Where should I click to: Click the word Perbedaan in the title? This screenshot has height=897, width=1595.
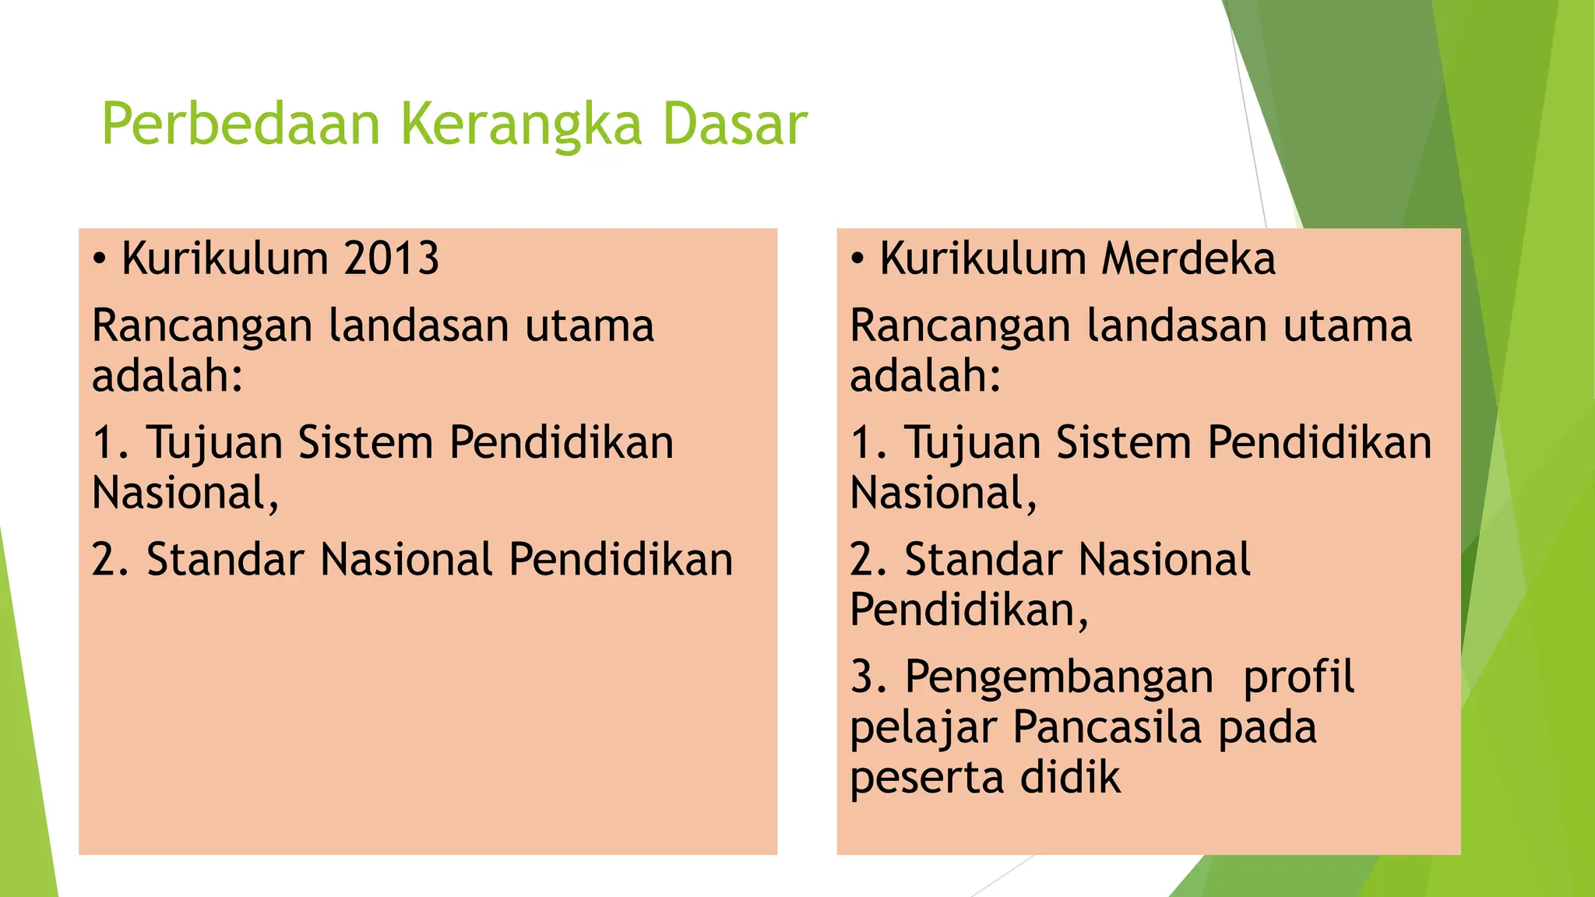240,125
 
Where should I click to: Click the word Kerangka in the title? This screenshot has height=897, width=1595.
521,125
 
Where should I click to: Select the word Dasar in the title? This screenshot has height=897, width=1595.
734,125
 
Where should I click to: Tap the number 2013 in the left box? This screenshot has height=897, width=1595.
392,259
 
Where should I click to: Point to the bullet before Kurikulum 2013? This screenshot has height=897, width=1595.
99,259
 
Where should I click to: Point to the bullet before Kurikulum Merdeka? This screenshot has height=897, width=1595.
857,259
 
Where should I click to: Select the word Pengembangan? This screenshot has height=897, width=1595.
1058,676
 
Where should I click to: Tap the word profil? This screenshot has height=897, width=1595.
1298,676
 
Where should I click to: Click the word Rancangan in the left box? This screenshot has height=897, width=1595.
202,325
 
